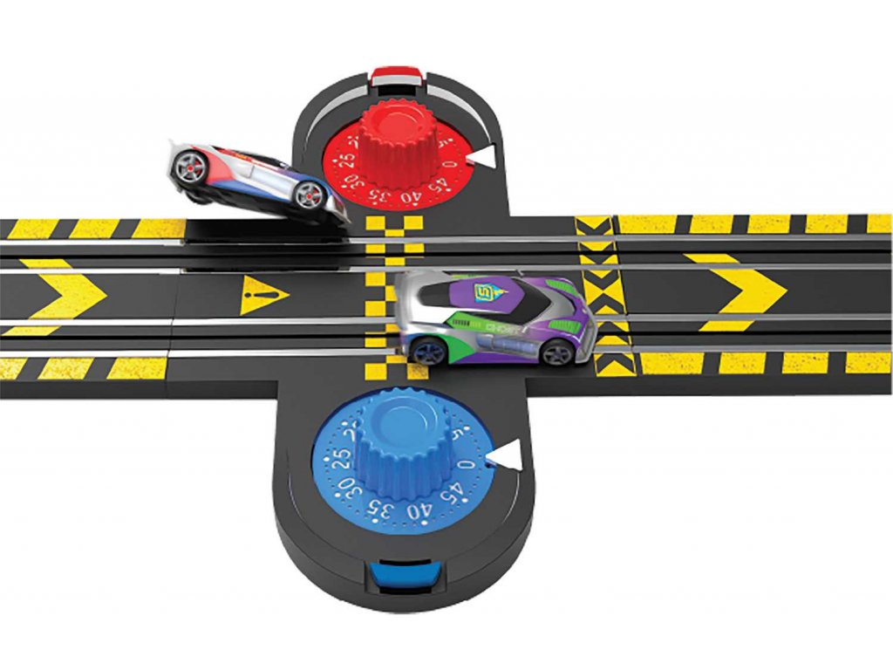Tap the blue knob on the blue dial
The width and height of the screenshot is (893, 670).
403,441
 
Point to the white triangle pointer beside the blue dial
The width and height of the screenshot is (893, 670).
504,455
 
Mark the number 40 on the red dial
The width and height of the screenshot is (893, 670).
408,197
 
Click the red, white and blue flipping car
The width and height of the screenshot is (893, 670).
253,179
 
